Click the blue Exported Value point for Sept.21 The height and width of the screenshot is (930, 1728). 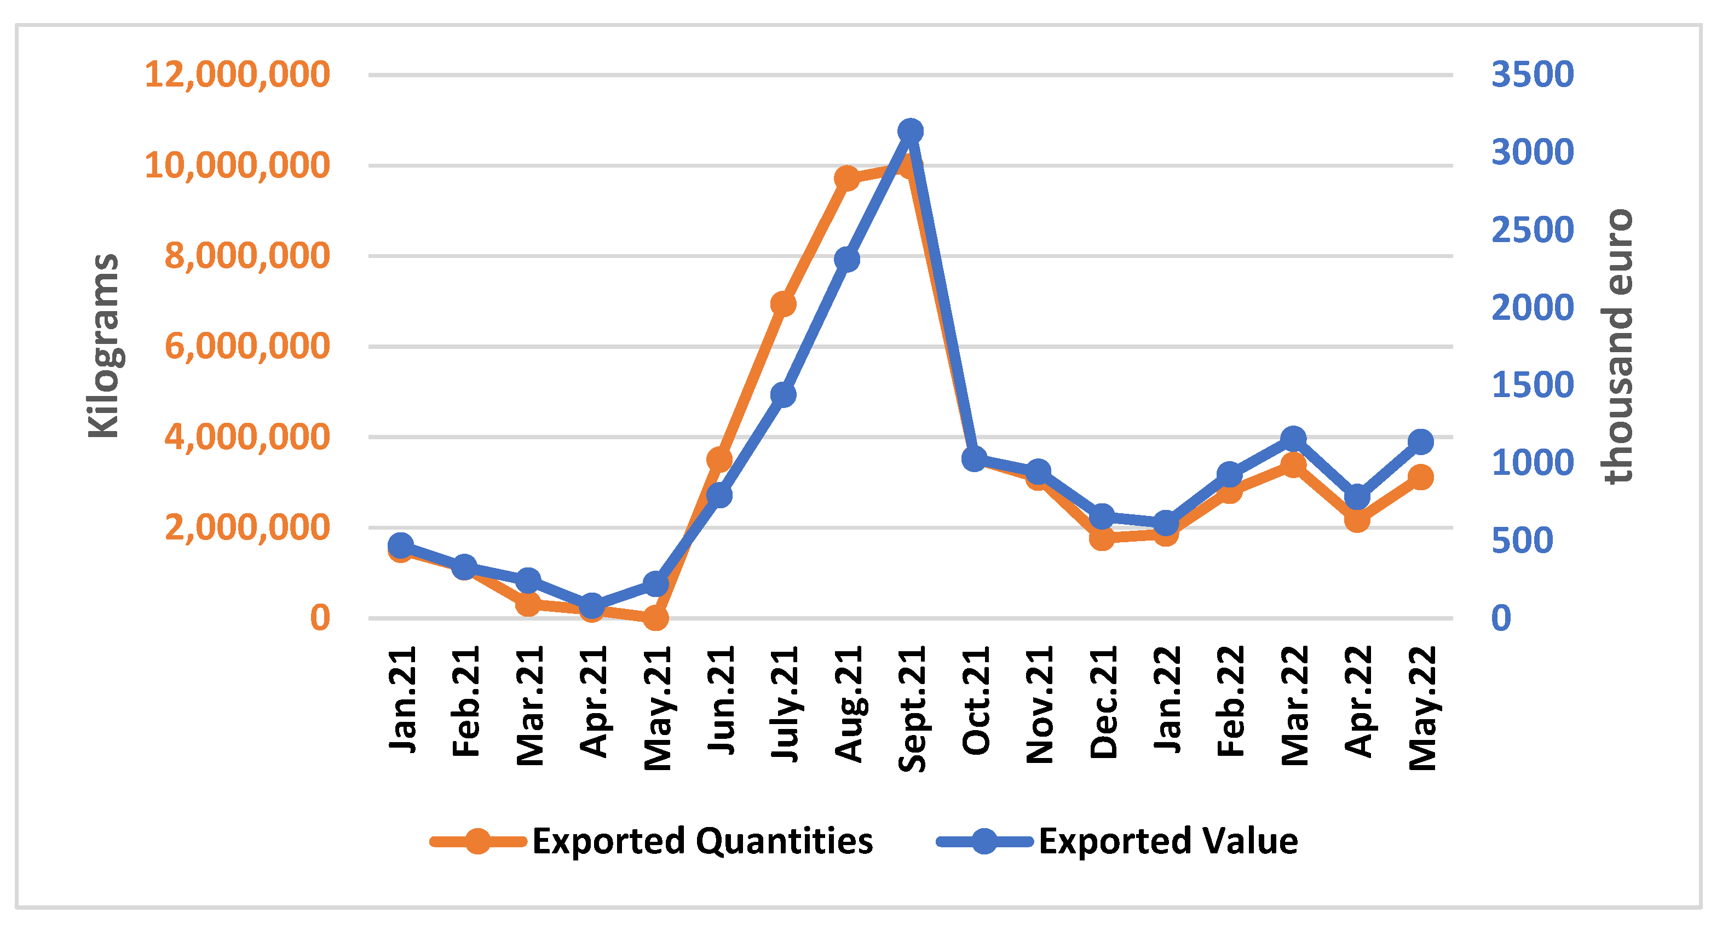click(911, 131)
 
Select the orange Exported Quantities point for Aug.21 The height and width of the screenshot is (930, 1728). click(846, 179)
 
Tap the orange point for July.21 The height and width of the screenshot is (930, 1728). click(783, 305)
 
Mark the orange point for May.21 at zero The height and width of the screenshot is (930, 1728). click(655, 618)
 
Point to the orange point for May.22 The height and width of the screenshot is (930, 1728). click(1421, 478)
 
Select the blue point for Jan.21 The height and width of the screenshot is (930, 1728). click(400, 546)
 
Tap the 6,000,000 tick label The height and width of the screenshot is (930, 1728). click(247, 347)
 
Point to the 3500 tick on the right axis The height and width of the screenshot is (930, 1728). click(1532, 74)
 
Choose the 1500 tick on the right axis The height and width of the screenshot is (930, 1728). click(1532, 385)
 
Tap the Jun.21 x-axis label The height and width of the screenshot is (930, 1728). click(721, 701)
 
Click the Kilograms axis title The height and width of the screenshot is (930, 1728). click(104, 346)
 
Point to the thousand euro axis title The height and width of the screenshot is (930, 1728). click(1618, 346)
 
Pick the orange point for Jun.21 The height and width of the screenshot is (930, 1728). click(719, 460)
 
